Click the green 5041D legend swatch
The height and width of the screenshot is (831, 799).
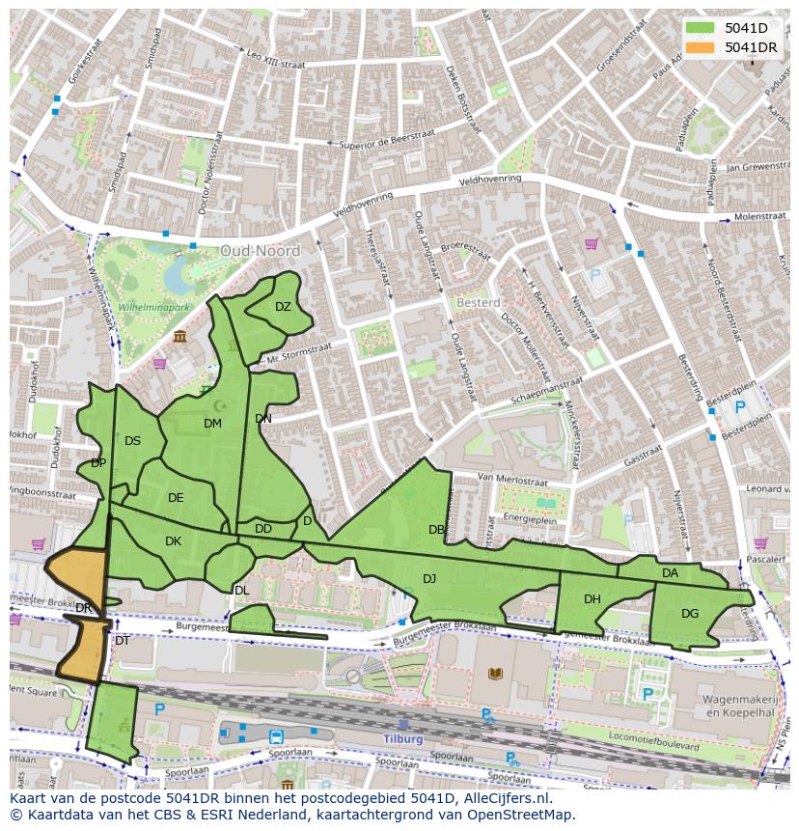pyautogui.click(x=702, y=28)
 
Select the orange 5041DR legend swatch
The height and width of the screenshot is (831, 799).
pyautogui.click(x=702, y=47)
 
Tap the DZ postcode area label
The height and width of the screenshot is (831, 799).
pyautogui.click(x=283, y=307)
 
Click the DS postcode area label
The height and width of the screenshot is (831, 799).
pyautogui.click(x=133, y=441)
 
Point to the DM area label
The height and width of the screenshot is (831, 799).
pyautogui.click(x=213, y=424)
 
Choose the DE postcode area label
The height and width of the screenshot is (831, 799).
pyautogui.click(x=176, y=498)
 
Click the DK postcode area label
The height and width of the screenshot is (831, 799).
pyautogui.click(x=174, y=541)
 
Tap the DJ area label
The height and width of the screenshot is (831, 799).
pyautogui.click(x=429, y=579)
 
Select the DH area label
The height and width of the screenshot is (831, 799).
pyautogui.click(x=592, y=599)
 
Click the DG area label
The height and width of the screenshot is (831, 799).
pyautogui.click(x=690, y=614)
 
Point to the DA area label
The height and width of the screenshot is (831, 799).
pyautogui.click(x=670, y=573)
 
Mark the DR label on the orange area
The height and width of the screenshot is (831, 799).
pyautogui.click(x=84, y=608)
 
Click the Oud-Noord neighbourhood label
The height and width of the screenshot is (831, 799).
pyautogui.click(x=260, y=251)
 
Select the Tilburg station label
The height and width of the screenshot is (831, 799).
pyautogui.click(x=403, y=739)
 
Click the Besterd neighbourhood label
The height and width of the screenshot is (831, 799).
pyautogui.click(x=478, y=302)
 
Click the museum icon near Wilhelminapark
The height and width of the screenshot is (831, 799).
pyautogui.click(x=180, y=336)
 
